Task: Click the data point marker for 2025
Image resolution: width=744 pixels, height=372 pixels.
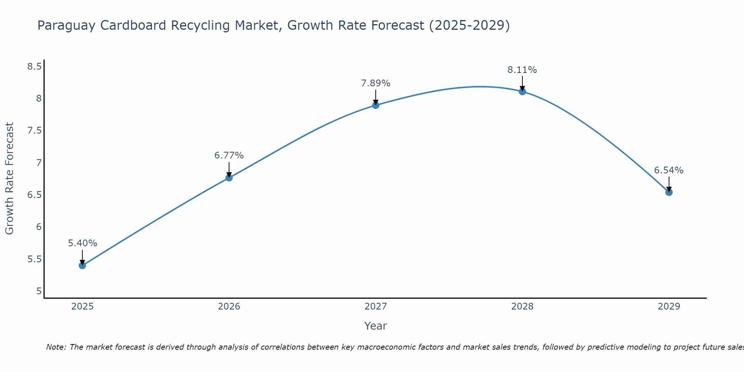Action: pyautogui.click(x=82, y=265)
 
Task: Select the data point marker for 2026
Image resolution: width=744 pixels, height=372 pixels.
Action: pyautogui.click(x=229, y=178)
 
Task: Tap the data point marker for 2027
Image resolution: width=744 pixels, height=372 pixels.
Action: pyautogui.click(x=376, y=105)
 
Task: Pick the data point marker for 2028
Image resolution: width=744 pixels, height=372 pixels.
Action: pyautogui.click(x=522, y=92)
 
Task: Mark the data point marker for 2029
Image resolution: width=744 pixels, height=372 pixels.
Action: pyautogui.click(x=669, y=192)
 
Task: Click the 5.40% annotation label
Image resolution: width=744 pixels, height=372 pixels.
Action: pyautogui.click(x=82, y=243)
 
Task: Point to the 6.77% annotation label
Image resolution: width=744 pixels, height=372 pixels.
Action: pyautogui.click(x=229, y=155)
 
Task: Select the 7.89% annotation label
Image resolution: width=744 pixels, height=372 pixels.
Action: pyautogui.click(x=376, y=83)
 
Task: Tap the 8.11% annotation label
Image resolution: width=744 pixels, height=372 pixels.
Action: pyautogui.click(x=522, y=70)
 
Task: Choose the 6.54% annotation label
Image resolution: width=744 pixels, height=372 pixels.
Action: pyautogui.click(x=669, y=170)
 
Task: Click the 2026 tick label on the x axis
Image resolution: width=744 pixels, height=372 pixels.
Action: pyautogui.click(x=229, y=307)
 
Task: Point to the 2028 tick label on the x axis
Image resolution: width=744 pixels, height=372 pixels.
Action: pyautogui.click(x=522, y=307)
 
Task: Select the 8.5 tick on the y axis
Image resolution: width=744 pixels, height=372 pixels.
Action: pyautogui.click(x=34, y=67)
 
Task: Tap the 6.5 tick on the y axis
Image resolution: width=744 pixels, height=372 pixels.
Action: pyautogui.click(x=34, y=195)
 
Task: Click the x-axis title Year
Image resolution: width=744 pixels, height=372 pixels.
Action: pyautogui.click(x=376, y=326)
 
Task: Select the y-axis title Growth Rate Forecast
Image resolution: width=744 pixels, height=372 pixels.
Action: pyautogui.click(x=10, y=179)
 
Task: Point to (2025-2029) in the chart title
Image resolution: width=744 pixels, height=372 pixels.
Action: pyautogui.click(x=469, y=25)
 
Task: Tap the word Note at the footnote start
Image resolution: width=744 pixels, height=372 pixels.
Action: pyautogui.click(x=56, y=347)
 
